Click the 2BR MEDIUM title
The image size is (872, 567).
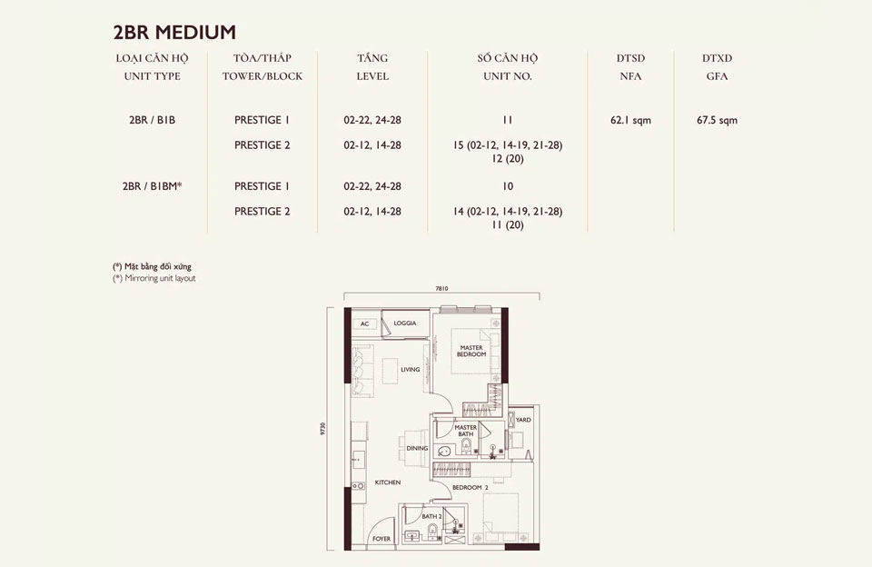(174, 33)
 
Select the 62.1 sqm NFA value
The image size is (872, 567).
(630, 120)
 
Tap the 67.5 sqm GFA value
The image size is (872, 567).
(717, 120)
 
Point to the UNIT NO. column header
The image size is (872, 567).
(508, 76)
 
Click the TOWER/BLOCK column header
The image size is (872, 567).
(263, 76)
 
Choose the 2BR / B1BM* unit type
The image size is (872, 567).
(153, 186)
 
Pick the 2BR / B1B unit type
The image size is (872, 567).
(153, 120)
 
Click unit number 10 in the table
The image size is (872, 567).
(508, 186)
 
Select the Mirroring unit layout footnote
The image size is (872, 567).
(154, 278)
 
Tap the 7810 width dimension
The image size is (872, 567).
(441, 288)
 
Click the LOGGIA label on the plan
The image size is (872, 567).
(404, 323)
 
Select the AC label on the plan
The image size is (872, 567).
(364, 323)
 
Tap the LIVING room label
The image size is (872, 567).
(411, 369)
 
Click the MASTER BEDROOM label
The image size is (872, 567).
(471, 351)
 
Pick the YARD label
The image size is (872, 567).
(523, 420)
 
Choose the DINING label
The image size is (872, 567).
(417, 448)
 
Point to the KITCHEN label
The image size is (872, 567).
(388, 482)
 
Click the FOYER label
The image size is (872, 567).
(381, 539)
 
